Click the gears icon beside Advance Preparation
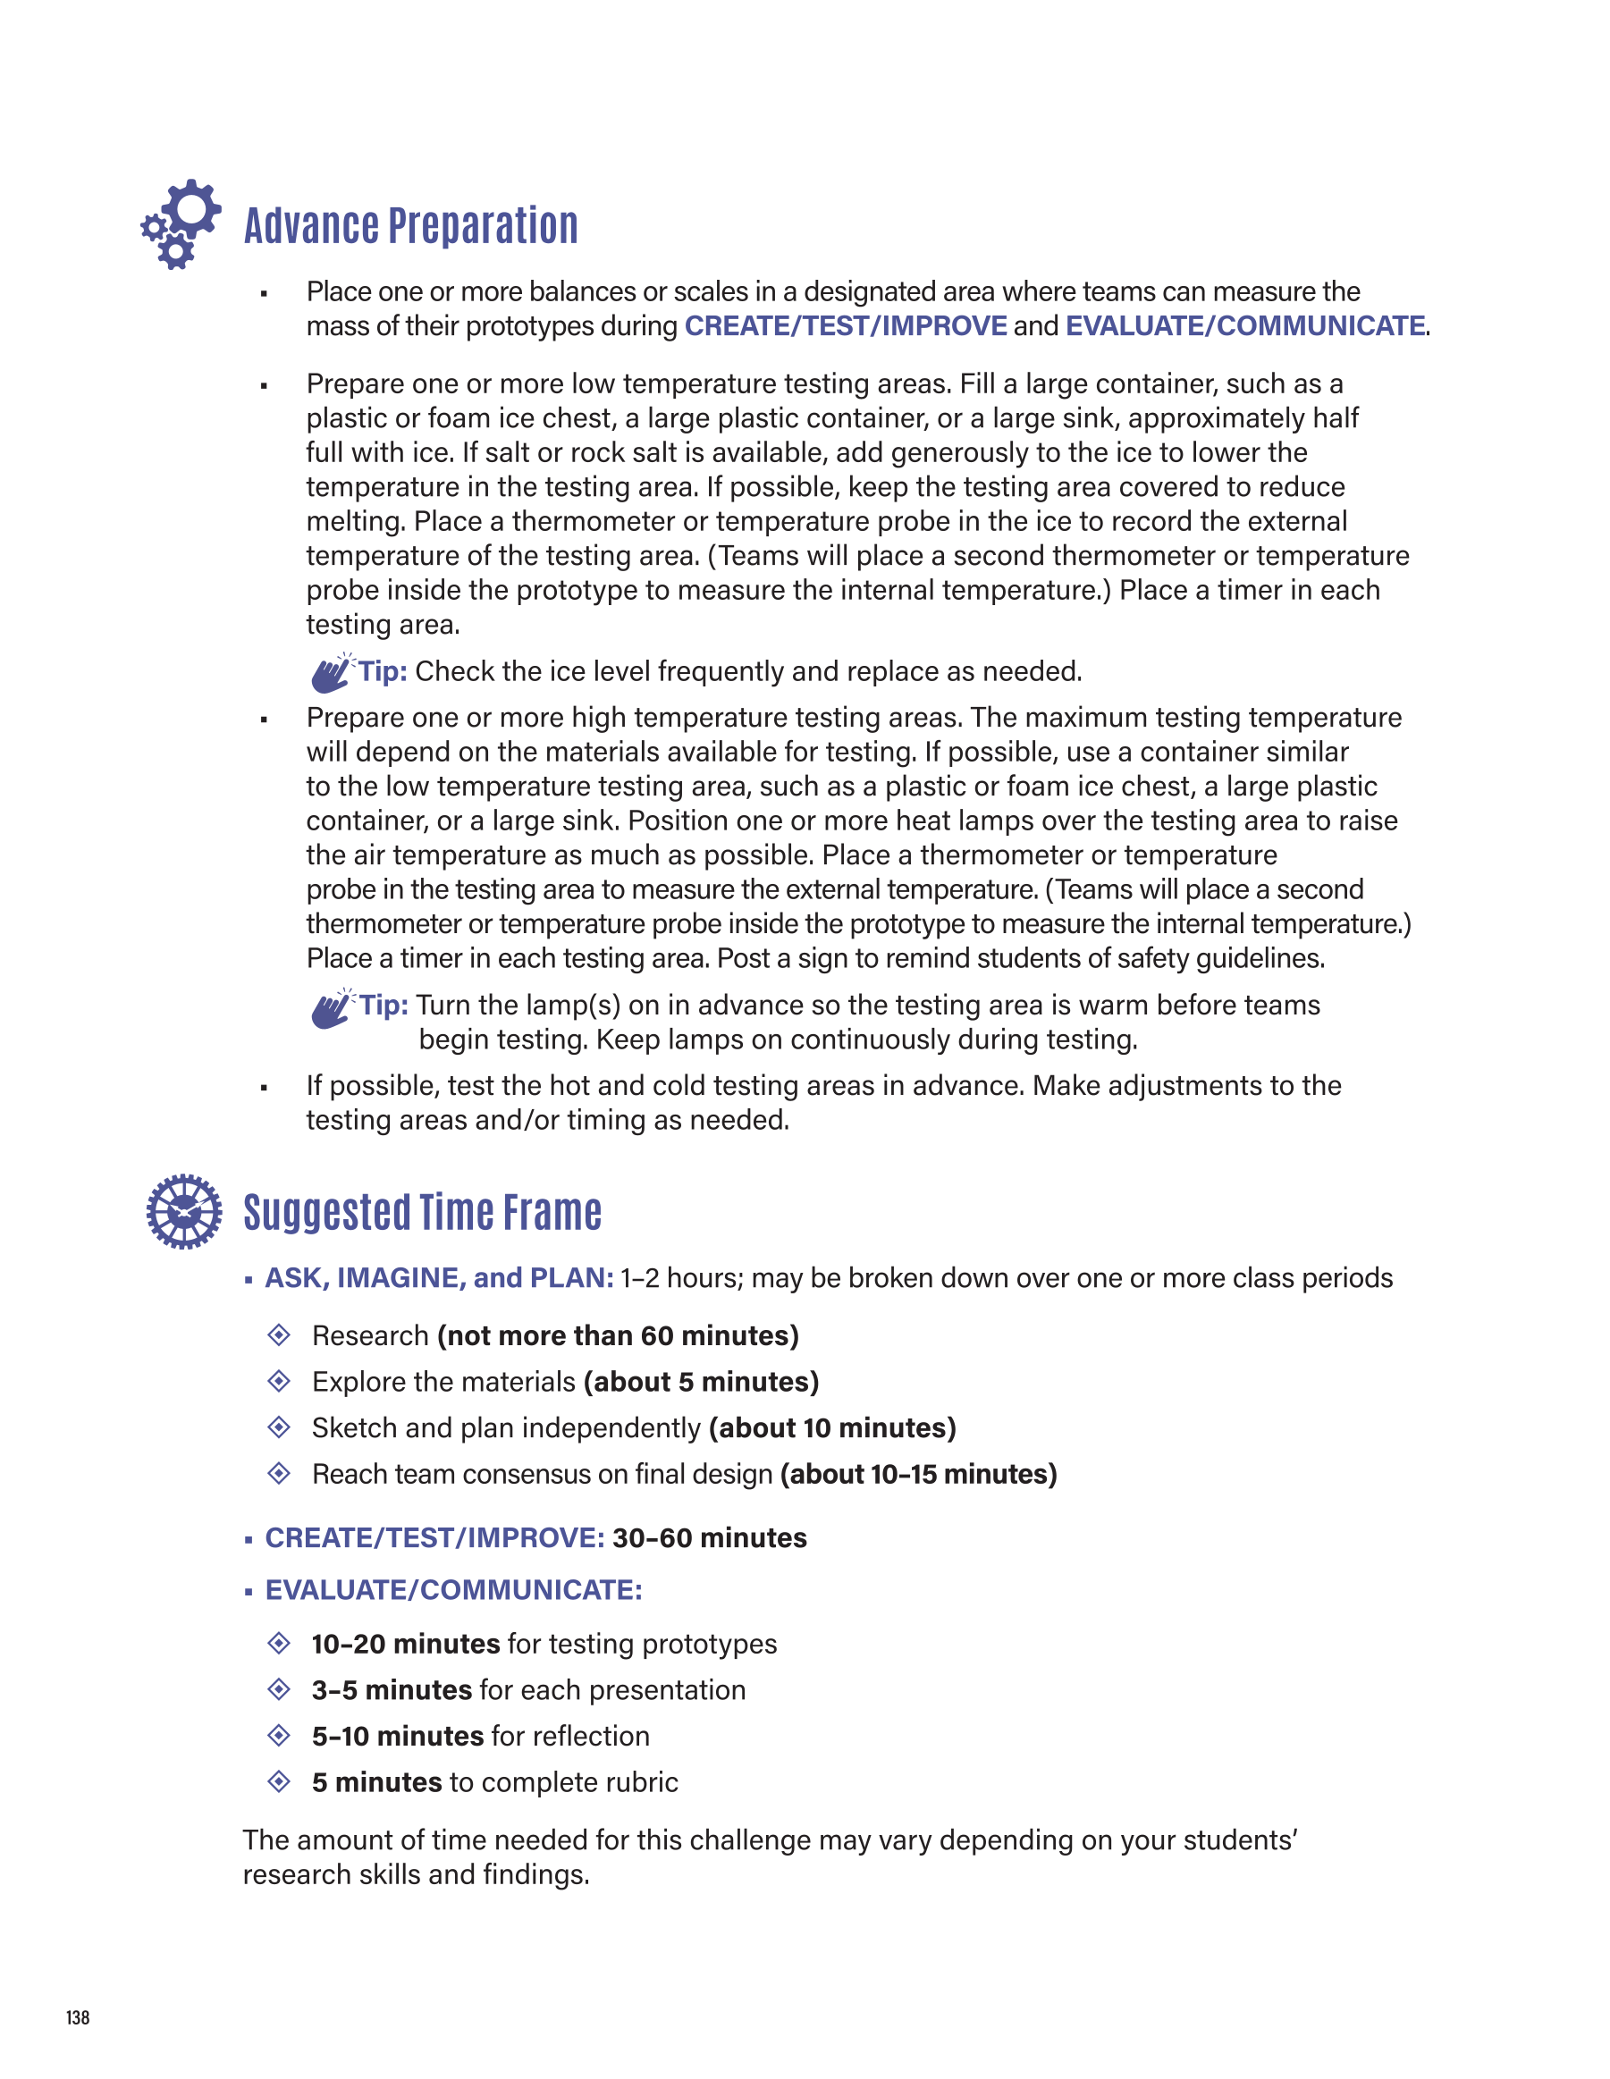point(181,223)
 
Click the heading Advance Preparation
point(410,226)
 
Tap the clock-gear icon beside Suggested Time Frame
point(184,1211)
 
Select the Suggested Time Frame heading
point(422,1213)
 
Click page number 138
point(78,2017)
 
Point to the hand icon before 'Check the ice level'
point(331,673)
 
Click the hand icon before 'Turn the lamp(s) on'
point(331,1007)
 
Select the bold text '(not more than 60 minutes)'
point(618,1335)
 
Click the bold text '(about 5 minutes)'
point(701,1381)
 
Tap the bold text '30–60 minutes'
point(709,1537)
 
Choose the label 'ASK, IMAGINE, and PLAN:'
point(439,1277)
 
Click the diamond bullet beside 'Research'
point(279,1334)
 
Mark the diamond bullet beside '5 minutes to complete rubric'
point(279,1781)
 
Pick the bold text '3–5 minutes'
point(392,1689)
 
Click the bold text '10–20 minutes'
point(406,1644)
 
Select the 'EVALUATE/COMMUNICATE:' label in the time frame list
point(453,1590)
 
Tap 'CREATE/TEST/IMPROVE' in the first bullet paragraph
point(846,325)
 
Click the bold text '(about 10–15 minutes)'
point(919,1474)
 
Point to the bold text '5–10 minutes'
point(398,1736)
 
